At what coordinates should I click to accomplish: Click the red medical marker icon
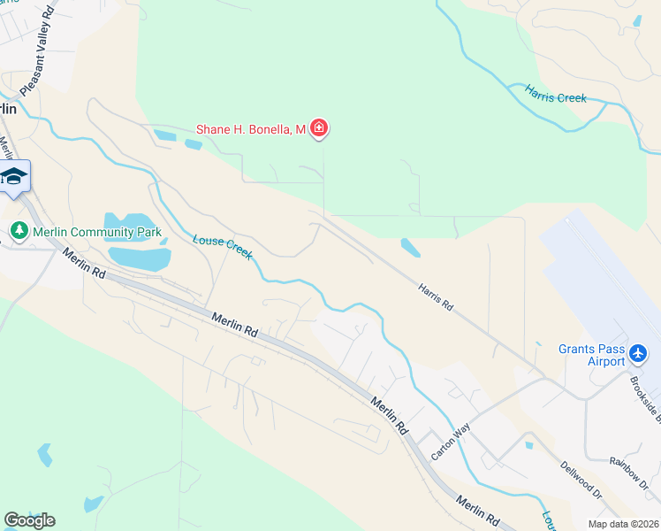pyautogui.click(x=319, y=130)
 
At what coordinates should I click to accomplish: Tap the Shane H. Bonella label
pyautogui.click(x=250, y=130)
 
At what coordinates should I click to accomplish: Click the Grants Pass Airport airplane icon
pyautogui.click(x=640, y=354)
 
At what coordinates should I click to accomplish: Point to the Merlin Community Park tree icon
pyautogui.click(x=19, y=232)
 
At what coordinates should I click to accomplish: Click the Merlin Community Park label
pyautogui.click(x=97, y=232)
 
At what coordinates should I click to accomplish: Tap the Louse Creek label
pyautogui.click(x=223, y=247)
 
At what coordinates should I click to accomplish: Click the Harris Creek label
pyautogui.click(x=555, y=93)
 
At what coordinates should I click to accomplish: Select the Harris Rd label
pyautogui.click(x=436, y=296)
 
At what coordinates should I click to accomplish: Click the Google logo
pyautogui.click(x=29, y=520)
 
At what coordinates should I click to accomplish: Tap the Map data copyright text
pyautogui.click(x=622, y=524)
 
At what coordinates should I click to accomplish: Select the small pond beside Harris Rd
pyautogui.click(x=410, y=247)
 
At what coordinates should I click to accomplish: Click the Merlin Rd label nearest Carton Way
pyautogui.click(x=390, y=413)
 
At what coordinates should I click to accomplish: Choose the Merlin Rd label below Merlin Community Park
pyautogui.click(x=83, y=264)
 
